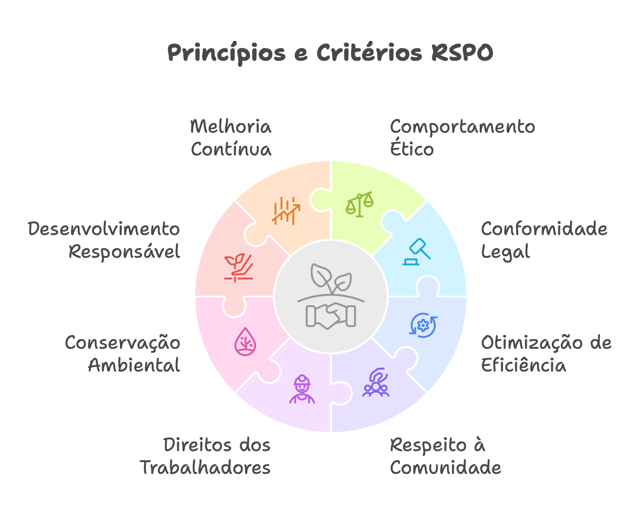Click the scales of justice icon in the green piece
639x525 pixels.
pyautogui.click(x=360, y=204)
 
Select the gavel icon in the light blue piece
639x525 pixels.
pyautogui.click(x=416, y=252)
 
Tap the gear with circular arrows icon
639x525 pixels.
pyautogui.click(x=423, y=326)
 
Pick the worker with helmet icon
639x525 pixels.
pyautogui.click(x=302, y=389)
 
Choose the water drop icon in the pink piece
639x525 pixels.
pyautogui.click(x=245, y=342)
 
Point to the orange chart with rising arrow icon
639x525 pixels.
pyautogui.click(x=286, y=211)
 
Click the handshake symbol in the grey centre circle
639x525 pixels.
pyautogui.click(x=330, y=316)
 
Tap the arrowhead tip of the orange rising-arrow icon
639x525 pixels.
pyautogui.click(x=300, y=205)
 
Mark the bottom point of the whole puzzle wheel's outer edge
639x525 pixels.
pyautogui.click(x=331, y=432)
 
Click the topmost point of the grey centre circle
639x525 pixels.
pyautogui.click(x=331, y=239)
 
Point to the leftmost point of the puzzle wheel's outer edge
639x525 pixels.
pyautogui.click(x=195, y=297)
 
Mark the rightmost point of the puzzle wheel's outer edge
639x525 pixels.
pyautogui.click(x=466, y=297)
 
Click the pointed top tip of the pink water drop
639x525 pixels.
pyautogui.click(x=245, y=327)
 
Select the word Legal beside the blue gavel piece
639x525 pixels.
pyautogui.click(x=505, y=252)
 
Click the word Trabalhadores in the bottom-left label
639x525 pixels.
pyautogui.click(x=205, y=468)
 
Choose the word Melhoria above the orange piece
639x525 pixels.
pyautogui.click(x=230, y=127)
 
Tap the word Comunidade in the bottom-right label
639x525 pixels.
pyautogui.click(x=445, y=468)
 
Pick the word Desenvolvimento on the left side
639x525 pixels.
pyautogui.click(x=104, y=229)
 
